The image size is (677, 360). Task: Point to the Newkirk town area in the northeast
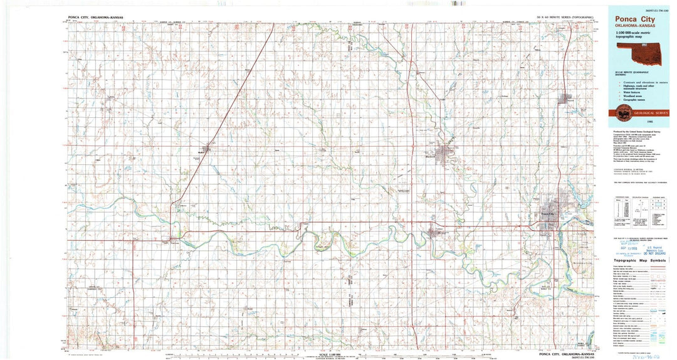[x=566, y=98]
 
